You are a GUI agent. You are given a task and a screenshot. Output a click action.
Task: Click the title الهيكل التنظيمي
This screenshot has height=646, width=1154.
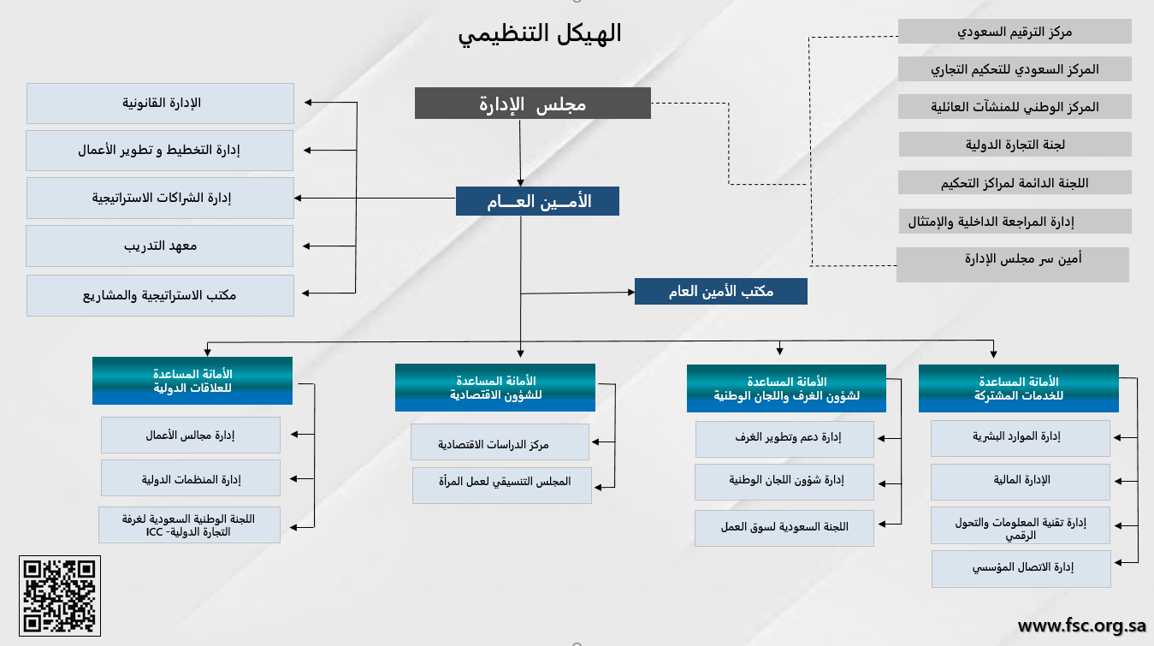click(540, 34)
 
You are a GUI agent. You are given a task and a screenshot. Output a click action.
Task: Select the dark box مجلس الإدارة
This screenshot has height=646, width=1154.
click(533, 103)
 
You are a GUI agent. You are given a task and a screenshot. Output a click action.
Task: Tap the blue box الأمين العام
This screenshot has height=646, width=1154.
click(537, 201)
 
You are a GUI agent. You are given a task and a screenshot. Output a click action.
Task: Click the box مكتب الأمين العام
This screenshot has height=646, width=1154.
click(721, 292)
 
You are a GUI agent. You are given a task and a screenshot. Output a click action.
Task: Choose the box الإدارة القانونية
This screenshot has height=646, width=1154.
click(160, 103)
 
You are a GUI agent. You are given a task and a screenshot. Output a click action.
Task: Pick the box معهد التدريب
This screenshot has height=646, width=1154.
click(160, 246)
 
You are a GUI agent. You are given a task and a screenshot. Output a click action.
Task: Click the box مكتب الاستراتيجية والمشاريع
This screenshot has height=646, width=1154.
click(160, 295)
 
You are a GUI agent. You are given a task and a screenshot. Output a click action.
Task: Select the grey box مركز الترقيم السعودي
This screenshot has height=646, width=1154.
click(1015, 32)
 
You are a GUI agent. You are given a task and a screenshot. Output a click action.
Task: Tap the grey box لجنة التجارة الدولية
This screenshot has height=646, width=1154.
click(1015, 145)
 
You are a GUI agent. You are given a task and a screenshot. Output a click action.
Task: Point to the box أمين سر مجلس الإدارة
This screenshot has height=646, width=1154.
click(1012, 264)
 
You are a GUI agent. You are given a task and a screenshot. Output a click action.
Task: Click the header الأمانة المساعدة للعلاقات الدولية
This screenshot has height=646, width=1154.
click(192, 381)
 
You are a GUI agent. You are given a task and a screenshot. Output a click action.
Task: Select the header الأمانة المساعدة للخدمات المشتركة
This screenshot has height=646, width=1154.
click(1019, 388)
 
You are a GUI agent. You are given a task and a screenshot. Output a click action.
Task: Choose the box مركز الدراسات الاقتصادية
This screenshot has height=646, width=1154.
click(500, 442)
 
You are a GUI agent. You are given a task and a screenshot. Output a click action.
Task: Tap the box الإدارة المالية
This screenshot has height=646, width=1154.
click(1020, 482)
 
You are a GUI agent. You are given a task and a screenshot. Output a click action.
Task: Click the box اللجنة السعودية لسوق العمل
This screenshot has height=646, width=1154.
click(784, 528)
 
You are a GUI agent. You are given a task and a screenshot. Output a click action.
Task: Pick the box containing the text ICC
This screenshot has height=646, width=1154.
click(190, 525)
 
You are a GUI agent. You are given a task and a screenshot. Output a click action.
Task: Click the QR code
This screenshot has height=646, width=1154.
click(60, 596)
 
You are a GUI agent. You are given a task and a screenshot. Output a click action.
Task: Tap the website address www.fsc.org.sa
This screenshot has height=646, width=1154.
click(1082, 625)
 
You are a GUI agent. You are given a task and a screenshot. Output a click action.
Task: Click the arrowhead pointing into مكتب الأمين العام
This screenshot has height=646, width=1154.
click(631, 292)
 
